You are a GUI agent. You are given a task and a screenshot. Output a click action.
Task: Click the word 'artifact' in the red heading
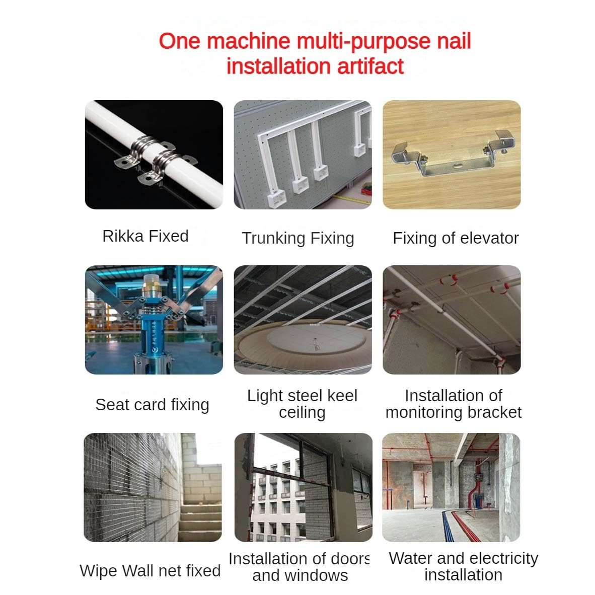(370, 66)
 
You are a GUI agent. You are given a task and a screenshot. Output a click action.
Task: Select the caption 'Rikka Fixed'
(145, 236)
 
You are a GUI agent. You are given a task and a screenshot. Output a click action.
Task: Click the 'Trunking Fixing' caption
(298, 238)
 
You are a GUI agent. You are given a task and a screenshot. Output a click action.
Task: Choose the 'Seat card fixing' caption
(152, 405)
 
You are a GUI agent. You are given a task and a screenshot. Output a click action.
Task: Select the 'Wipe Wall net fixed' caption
(150, 571)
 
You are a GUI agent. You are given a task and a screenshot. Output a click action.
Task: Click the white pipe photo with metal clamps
(154, 155)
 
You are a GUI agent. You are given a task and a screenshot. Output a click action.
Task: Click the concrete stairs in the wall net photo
(200, 522)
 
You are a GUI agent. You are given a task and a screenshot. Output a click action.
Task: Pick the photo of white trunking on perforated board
(303, 155)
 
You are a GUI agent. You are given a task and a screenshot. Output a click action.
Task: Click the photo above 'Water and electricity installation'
(451, 487)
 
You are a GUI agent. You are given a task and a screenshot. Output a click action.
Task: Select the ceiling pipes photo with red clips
(452, 320)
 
